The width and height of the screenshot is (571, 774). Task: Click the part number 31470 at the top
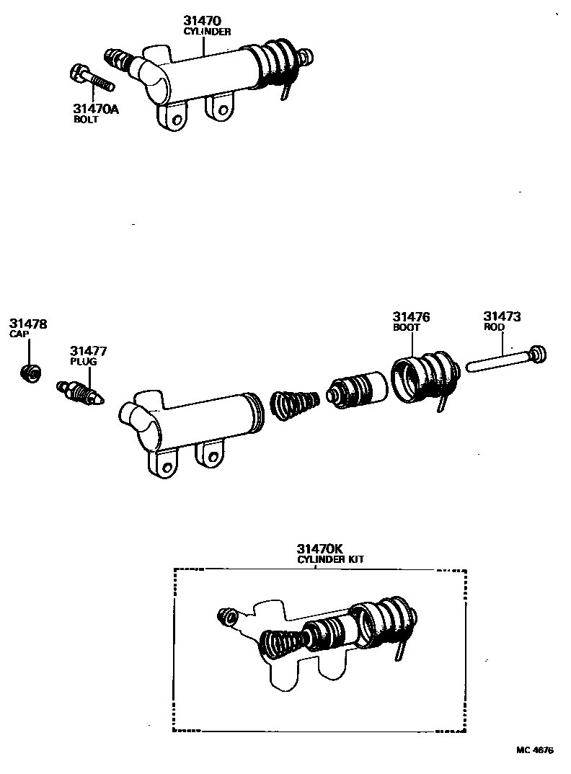coord(203,22)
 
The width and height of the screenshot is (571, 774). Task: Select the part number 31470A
coord(96,109)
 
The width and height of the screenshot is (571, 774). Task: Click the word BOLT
coord(85,120)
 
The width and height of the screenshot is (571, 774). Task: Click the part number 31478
coord(28,324)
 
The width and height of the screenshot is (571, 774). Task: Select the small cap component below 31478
coord(30,373)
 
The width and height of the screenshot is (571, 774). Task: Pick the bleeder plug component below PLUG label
coord(81,393)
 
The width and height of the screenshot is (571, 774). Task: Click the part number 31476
coord(411,316)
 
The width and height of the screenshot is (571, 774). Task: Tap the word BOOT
coord(406,327)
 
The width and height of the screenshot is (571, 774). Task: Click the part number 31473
coord(502,316)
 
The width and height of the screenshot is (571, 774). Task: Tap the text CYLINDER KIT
coord(320,560)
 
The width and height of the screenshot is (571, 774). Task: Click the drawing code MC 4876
coord(534,750)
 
